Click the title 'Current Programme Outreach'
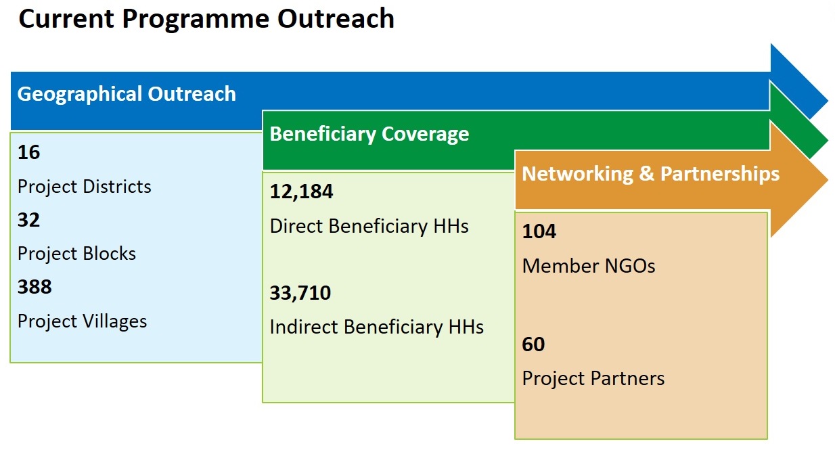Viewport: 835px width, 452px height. pyautogui.click(x=206, y=20)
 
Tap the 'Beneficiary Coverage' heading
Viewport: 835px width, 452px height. pyautogui.click(x=369, y=135)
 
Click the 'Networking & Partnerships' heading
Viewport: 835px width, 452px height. pyautogui.click(x=650, y=174)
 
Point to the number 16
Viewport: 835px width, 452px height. pyautogui.click(x=28, y=152)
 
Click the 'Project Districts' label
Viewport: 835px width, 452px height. pyautogui.click(x=85, y=187)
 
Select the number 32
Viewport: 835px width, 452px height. pyautogui.click(x=28, y=220)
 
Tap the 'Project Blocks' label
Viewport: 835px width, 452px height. pyautogui.click(x=76, y=254)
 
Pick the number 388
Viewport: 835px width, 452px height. pyautogui.click(x=35, y=287)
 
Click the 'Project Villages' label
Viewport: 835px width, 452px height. pyautogui.click(x=82, y=321)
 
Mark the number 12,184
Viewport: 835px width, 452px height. pyautogui.click(x=301, y=192)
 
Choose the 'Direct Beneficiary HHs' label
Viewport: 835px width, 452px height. pyautogui.click(x=369, y=226)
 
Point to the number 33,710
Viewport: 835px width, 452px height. pyautogui.click(x=300, y=293)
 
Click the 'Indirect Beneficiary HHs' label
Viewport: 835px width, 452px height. pyautogui.click(x=376, y=327)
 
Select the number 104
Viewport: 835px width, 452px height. pyautogui.click(x=539, y=231)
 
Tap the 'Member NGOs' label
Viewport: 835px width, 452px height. pyautogui.click(x=589, y=266)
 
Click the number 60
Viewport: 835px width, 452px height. pyautogui.click(x=533, y=344)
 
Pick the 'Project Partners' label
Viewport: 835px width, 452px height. pyautogui.click(x=593, y=379)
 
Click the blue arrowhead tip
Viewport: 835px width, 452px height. pyautogui.click(x=828, y=101)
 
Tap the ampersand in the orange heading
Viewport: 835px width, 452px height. pyautogui.click(x=647, y=174)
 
